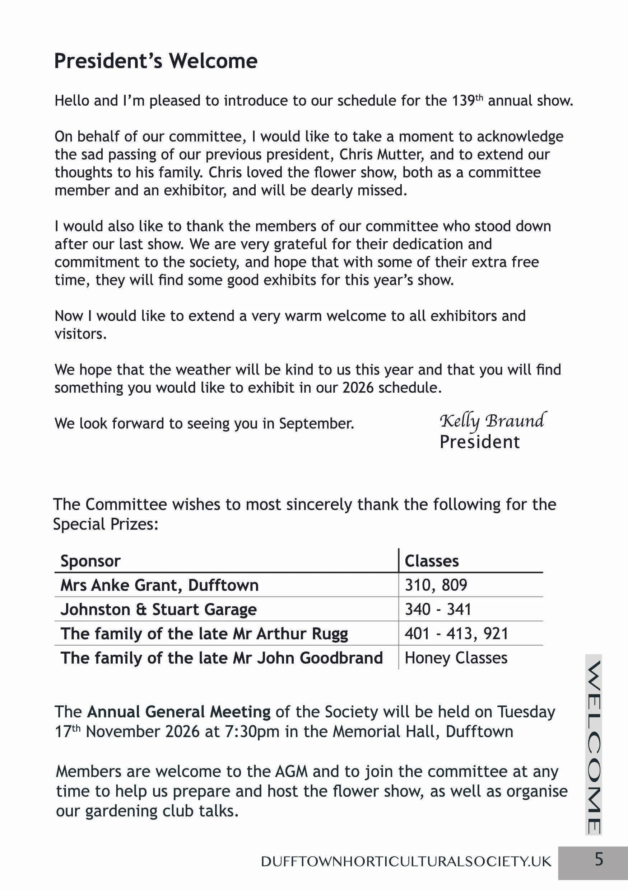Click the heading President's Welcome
point(155,61)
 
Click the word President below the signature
point(479,442)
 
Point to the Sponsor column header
point(90,561)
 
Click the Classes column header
point(431,561)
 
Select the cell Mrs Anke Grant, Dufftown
point(159,585)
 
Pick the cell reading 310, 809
point(436,585)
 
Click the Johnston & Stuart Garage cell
point(158,609)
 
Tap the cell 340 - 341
point(438,609)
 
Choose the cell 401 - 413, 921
point(456,634)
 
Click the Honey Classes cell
point(456,658)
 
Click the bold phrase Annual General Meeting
point(179,712)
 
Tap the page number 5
point(599,860)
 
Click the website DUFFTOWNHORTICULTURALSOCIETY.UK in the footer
point(406,861)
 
